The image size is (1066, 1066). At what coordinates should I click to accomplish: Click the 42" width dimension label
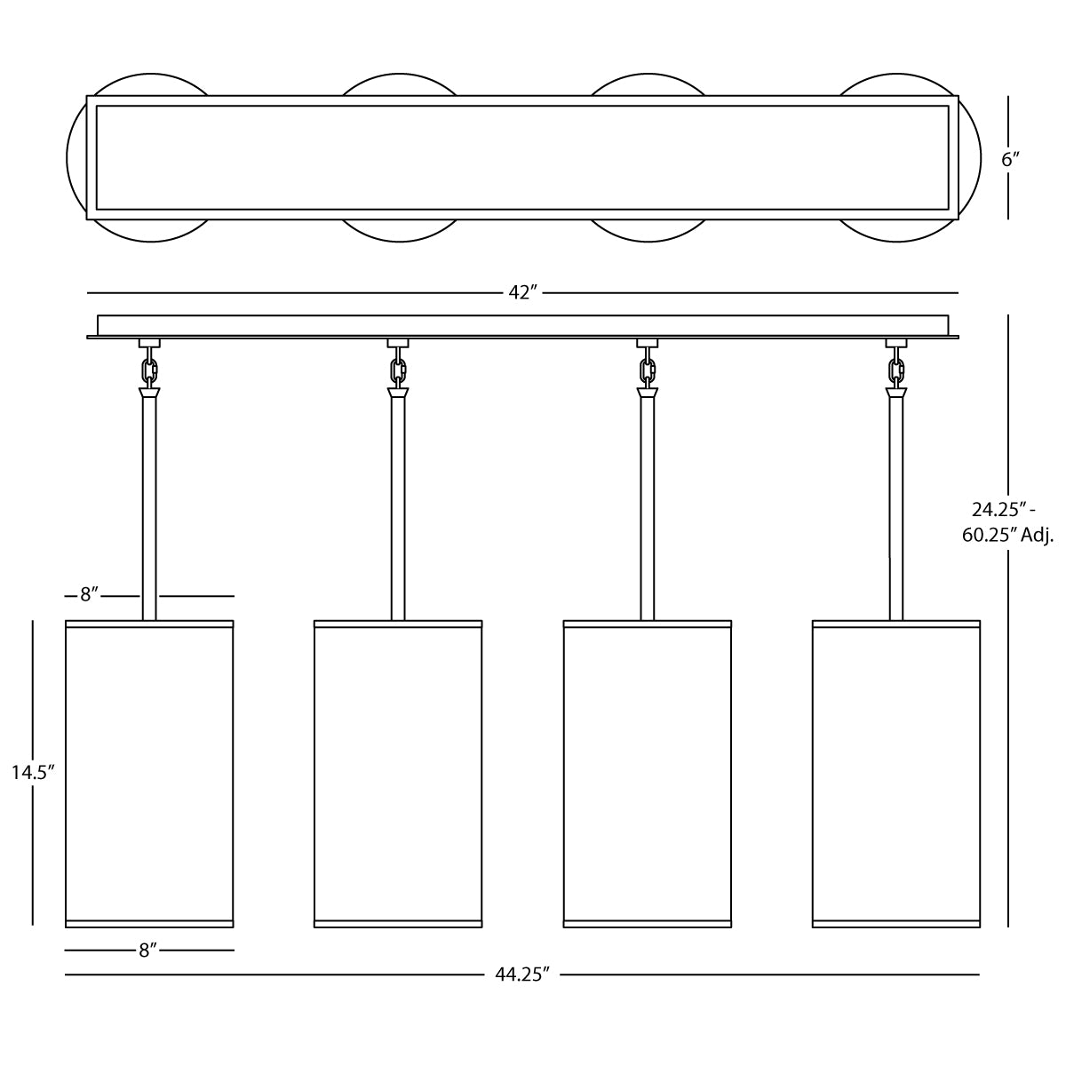pos(522,292)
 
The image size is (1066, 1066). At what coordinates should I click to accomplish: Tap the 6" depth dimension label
pos(1010,159)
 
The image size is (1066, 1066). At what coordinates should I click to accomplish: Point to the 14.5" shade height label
pos(33,772)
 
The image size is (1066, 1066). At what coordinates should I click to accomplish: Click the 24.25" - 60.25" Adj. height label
pos(1007,521)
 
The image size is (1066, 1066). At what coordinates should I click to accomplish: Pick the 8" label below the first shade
pos(148,951)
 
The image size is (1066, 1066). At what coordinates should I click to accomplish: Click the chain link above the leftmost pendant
pos(150,369)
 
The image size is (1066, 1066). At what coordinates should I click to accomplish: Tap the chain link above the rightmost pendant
pos(896,369)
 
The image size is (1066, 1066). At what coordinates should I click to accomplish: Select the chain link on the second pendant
pos(398,369)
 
